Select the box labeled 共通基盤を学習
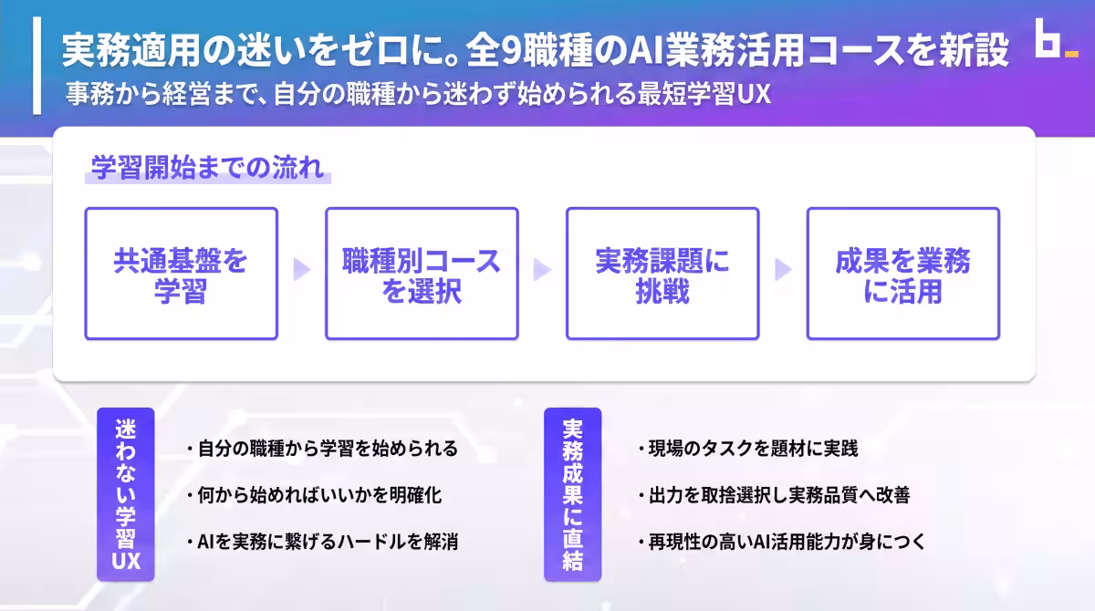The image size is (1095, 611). pos(181,274)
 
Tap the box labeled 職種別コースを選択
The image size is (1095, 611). pos(422,274)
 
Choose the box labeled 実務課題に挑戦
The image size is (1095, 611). pos(662,274)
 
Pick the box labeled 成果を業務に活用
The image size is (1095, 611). pos(903,274)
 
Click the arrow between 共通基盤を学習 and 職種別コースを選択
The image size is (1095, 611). pos(302,270)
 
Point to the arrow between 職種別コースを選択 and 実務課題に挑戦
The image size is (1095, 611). pos(543,270)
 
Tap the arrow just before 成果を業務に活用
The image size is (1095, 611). pos(783,270)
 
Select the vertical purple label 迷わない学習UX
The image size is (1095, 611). pos(126,494)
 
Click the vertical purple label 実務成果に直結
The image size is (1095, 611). pos(573,494)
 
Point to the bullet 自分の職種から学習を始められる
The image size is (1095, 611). pos(320,449)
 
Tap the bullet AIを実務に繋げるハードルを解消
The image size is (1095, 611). pos(320,542)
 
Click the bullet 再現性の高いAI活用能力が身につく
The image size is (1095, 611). pos(781,542)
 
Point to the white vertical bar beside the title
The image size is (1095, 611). pos(36,68)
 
